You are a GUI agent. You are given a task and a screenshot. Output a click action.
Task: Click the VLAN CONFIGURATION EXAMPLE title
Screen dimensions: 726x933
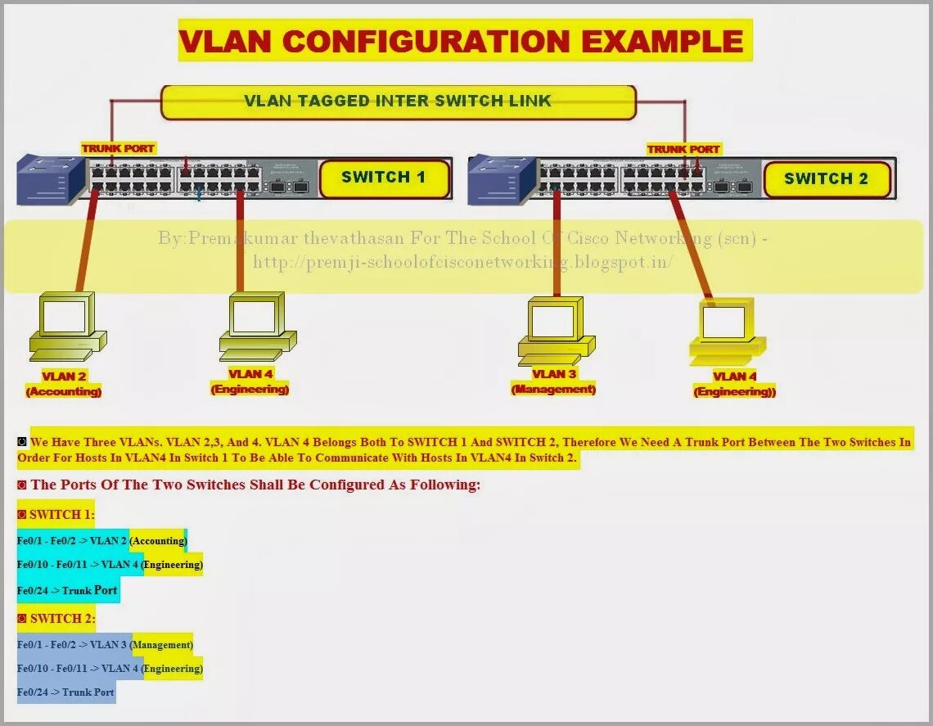464,41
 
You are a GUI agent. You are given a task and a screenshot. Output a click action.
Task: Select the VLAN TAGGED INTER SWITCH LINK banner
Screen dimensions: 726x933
398,101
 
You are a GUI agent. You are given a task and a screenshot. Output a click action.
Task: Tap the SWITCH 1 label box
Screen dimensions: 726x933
384,178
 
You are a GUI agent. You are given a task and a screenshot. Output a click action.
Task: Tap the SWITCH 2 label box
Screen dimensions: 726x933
826,179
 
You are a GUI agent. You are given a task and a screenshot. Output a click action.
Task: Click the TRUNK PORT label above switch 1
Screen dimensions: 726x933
118,148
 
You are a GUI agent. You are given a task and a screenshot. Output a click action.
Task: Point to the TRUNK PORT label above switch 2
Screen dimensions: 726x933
683,149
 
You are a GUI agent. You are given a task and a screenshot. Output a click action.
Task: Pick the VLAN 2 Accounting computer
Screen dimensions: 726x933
66,327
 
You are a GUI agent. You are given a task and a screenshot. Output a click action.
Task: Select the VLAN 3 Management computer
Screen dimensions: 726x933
555,331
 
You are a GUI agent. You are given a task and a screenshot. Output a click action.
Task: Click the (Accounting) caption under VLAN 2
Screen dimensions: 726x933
64,392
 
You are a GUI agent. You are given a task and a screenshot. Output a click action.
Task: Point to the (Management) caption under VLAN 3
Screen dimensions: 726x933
553,390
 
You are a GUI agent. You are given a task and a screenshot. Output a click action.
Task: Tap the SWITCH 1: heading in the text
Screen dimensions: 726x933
56,516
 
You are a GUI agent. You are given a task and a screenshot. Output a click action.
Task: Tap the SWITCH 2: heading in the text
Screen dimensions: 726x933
56,619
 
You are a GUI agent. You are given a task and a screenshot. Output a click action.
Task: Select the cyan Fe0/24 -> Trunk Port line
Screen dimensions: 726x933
68,590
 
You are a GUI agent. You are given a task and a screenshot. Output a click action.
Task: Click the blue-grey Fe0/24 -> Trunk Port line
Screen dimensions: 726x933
66,692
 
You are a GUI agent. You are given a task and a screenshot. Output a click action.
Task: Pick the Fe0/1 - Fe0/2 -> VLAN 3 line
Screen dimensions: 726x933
105,645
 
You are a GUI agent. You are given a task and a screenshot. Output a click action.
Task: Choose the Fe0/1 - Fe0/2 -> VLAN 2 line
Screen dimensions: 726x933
101,541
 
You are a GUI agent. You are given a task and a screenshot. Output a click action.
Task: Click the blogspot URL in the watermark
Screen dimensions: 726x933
462,262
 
